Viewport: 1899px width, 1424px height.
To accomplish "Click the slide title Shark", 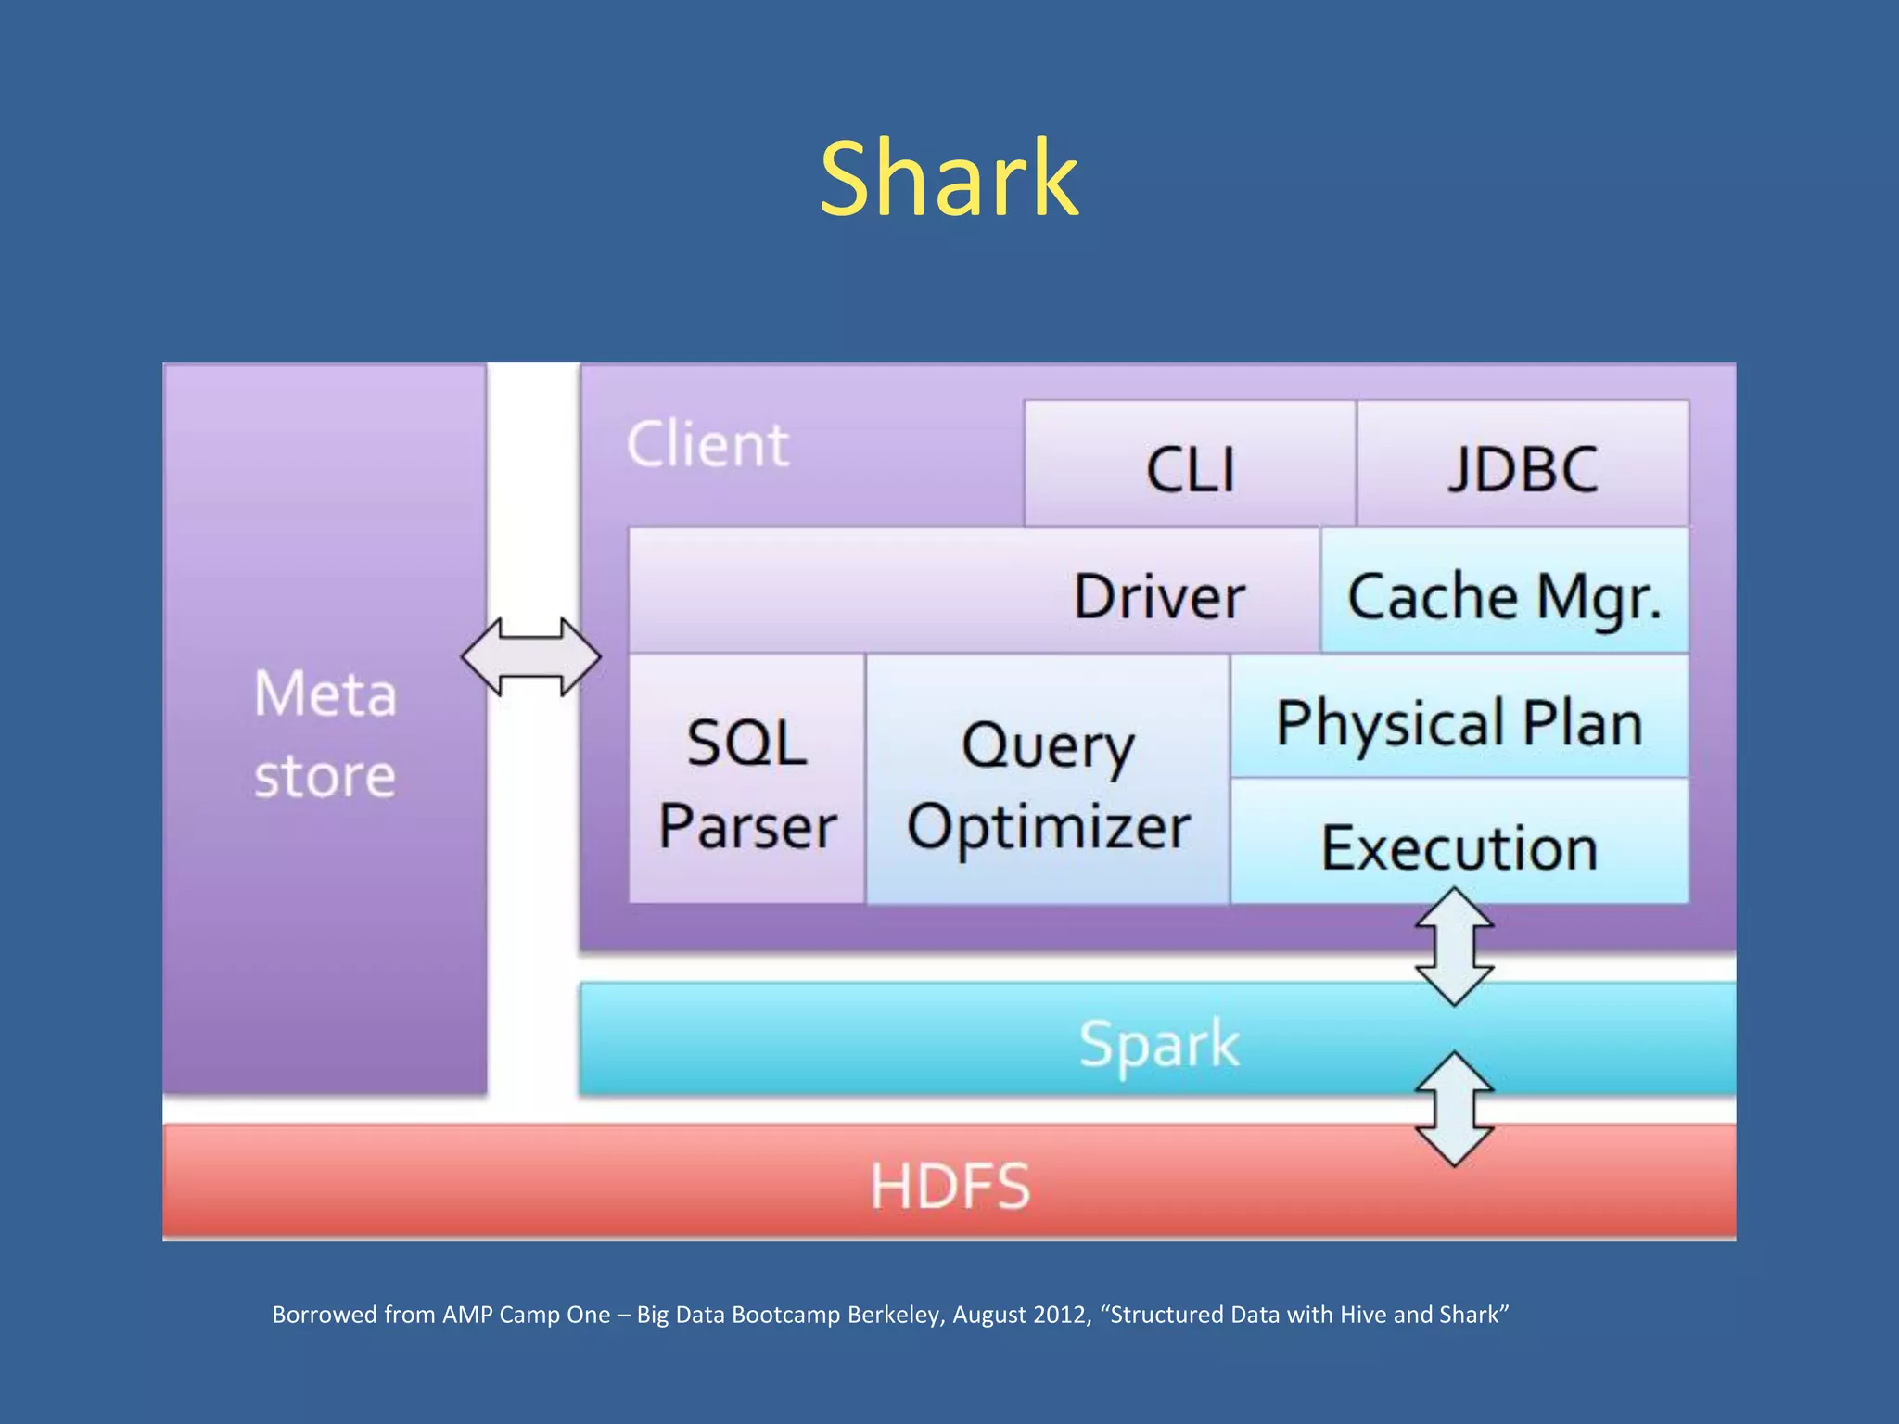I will (x=949, y=178).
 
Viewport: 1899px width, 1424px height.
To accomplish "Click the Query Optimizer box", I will (x=1048, y=783).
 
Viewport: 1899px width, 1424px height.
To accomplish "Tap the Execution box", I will (x=1459, y=845).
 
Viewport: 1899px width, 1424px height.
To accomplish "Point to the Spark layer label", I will (x=1158, y=1043).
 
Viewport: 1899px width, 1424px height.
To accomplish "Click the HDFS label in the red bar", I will (x=949, y=1186).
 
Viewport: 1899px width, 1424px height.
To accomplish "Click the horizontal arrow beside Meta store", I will (x=530, y=656).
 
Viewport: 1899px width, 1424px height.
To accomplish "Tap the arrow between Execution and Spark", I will (x=1454, y=947).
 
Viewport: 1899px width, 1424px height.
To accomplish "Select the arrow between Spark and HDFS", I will (x=1454, y=1109).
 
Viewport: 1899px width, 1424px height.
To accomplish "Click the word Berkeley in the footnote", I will (x=896, y=1315).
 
